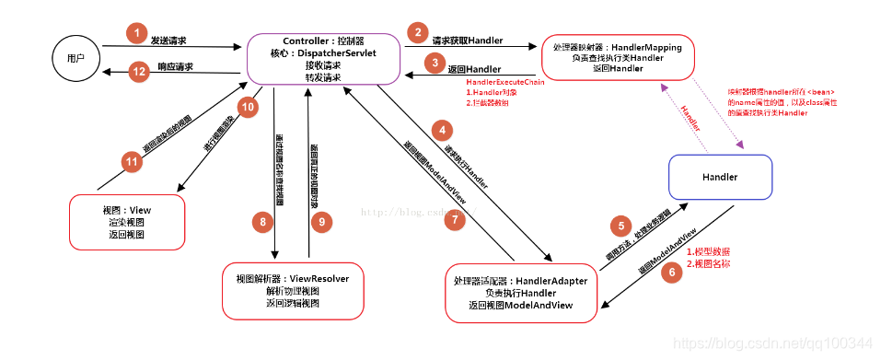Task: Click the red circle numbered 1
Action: tap(136, 34)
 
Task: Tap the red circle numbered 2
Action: tap(420, 34)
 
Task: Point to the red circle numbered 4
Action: tap(445, 131)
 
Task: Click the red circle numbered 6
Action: tap(671, 271)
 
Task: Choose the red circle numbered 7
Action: tap(451, 220)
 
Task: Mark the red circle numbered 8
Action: tap(262, 221)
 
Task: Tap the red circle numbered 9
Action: tap(321, 221)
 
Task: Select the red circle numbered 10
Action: tap(246, 107)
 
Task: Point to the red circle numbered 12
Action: tap(139, 71)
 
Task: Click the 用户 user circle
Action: tap(75, 57)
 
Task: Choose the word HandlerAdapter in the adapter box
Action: tap(551, 281)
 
